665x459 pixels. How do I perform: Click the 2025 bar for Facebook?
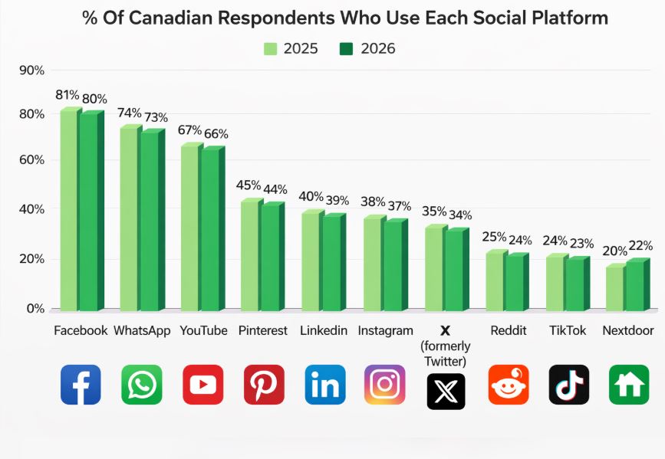pyautogui.click(x=69, y=211)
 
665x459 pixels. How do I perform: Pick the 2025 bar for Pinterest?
pyautogui.click(x=250, y=256)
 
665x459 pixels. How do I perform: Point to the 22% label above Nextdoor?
pyautogui.click(x=640, y=246)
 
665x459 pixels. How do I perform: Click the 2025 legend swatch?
pyautogui.click(x=270, y=49)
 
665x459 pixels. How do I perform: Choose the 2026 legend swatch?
pyautogui.click(x=346, y=49)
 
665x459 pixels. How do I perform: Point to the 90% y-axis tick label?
pyautogui.click(x=32, y=70)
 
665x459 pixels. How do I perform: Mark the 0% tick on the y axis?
pyautogui.click(x=35, y=309)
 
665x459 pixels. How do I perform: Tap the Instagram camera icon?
pyautogui.click(x=384, y=385)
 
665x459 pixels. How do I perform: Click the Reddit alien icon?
pyautogui.click(x=509, y=385)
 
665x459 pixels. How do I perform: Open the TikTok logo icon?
pyautogui.click(x=569, y=385)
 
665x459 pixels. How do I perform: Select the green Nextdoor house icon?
pyautogui.click(x=629, y=385)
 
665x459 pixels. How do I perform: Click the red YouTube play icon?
pyautogui.click(x=203, y=385)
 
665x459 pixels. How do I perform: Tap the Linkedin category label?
pyautogui.click(x=324, y=331)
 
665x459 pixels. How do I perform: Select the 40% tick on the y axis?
pyautogui.click(x=32, y=209)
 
